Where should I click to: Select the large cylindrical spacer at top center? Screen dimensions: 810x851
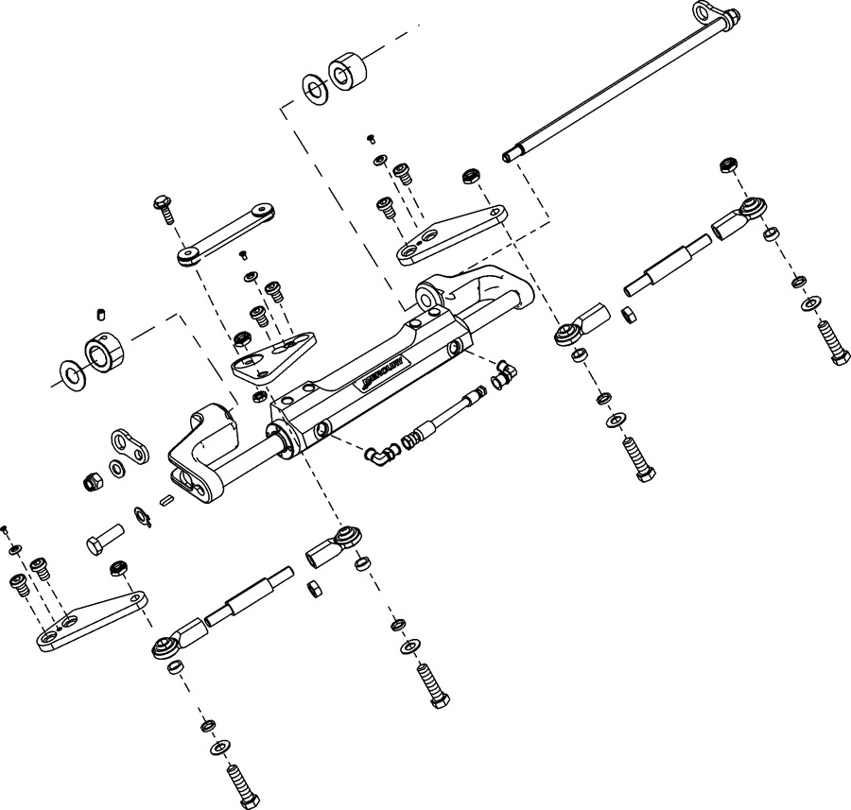(346, 72)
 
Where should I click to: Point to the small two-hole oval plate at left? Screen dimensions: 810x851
(130, 448)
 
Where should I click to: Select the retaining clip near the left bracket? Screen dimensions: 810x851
(145, 517)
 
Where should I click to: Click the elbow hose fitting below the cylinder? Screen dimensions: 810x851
(377, 456)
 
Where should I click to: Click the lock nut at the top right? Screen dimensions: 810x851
(728, 164)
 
